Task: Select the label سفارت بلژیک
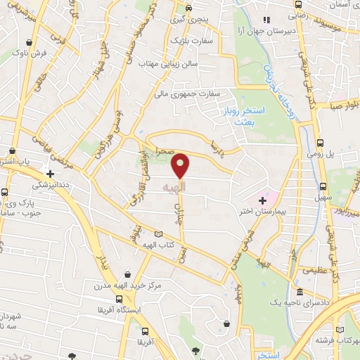tap(185, 41)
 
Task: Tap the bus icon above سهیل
tap(323, 186)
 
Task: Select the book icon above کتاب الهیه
tap(158, 234)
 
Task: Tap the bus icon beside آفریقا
tap(144, 330)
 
